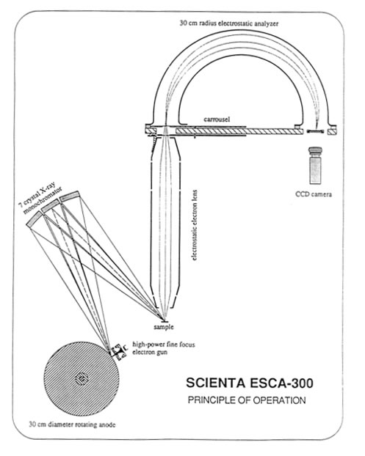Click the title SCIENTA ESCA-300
[250, 383]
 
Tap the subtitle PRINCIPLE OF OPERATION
[247, 400]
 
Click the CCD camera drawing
[316, 165]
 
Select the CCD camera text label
[314, 194]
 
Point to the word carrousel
[217, 119]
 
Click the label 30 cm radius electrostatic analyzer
[228, 23]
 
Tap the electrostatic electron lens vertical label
[195, 225]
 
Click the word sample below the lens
[164, 327]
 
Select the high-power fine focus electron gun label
[164, 348]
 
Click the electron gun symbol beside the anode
[120, 351]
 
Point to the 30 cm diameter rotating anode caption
[72, 424]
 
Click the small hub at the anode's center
[82, 378]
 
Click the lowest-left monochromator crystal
[35, 218]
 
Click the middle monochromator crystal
[51, 206]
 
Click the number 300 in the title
[302, 383]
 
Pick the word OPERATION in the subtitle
[279, 400]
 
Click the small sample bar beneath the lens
[164, 321]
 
